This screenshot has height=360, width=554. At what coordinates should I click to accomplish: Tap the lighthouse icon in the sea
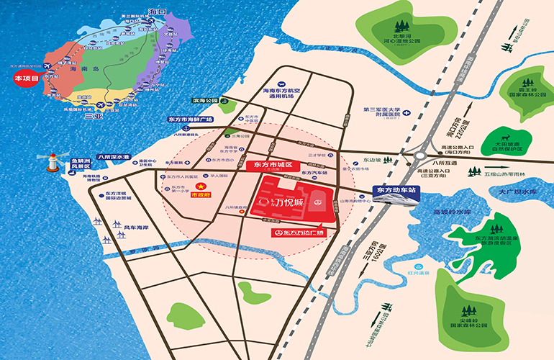[x=53, y=161]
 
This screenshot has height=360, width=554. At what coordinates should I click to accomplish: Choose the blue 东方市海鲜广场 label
[x=194, y=120]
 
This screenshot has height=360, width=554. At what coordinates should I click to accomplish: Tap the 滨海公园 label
[x=204, y=102]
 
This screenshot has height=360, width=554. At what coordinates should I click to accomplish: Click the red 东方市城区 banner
[x=269, y=165]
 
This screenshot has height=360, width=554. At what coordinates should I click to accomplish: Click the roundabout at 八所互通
[x=419, y=154]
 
